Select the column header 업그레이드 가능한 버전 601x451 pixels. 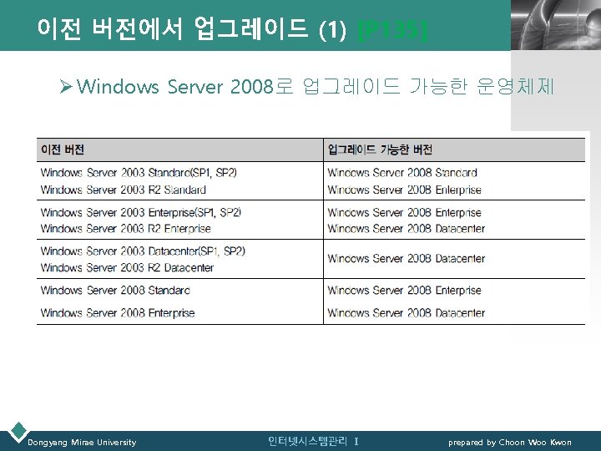[x=380, y=150]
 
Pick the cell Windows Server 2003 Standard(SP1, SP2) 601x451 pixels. [x=139, y=173]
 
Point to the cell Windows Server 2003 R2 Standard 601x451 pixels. [x=123, y=190]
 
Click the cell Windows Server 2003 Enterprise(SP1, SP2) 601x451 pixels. [x=141, y=212]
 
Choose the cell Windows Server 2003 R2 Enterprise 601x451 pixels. [x=125, y=228]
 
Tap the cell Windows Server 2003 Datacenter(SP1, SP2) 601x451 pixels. [x=143, y=251]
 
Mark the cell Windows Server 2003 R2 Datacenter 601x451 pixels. [x=127, y=267]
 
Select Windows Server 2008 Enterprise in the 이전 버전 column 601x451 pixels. [x=118, y=313]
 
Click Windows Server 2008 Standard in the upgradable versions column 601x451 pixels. [x=402, y=173]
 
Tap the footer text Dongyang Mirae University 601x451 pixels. [x=82, y=442]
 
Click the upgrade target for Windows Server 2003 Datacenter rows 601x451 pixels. [x=406, y=259]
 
